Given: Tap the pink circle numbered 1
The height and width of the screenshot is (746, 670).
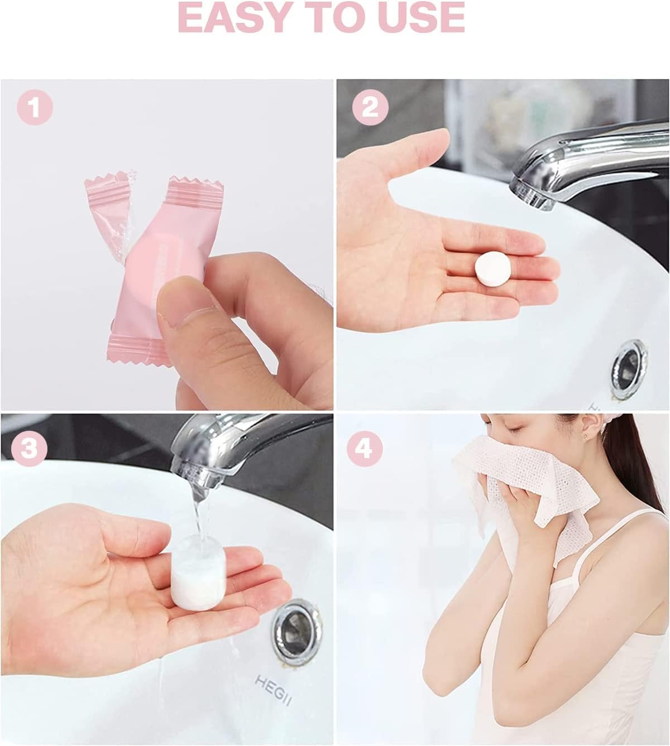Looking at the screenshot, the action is [x=35, y=108].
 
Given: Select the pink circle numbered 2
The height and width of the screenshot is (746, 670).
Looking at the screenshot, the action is [x=370, y=108].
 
